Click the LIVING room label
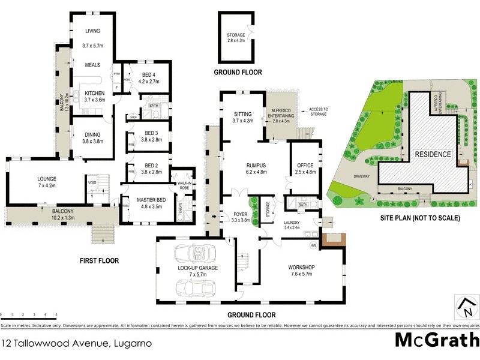92,31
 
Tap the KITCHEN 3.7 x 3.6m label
94,97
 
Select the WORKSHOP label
302,270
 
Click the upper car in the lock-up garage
191,253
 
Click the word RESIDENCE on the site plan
433,154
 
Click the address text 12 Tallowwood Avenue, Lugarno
76,344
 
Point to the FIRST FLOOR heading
99,261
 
